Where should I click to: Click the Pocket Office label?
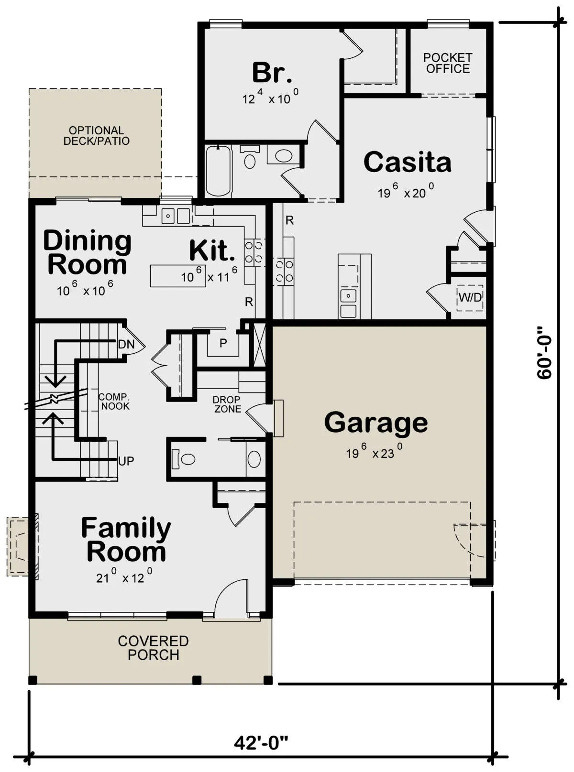[448, 63]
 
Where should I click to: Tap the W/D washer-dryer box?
[470, 298]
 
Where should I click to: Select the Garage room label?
[376, 423]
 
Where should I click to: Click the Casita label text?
[407, 162]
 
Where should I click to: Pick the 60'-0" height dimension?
[544, 352]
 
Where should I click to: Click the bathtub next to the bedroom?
[219, 171]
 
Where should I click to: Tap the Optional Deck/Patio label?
[97, 135]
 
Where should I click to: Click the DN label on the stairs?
[126, 344]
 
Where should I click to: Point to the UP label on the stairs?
[126, 461]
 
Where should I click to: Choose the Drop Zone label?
[227, 404]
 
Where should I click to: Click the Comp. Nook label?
[114, 402]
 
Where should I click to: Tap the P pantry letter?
[223, 343]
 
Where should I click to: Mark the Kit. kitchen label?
[212, 250]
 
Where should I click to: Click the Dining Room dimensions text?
[85, 289]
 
